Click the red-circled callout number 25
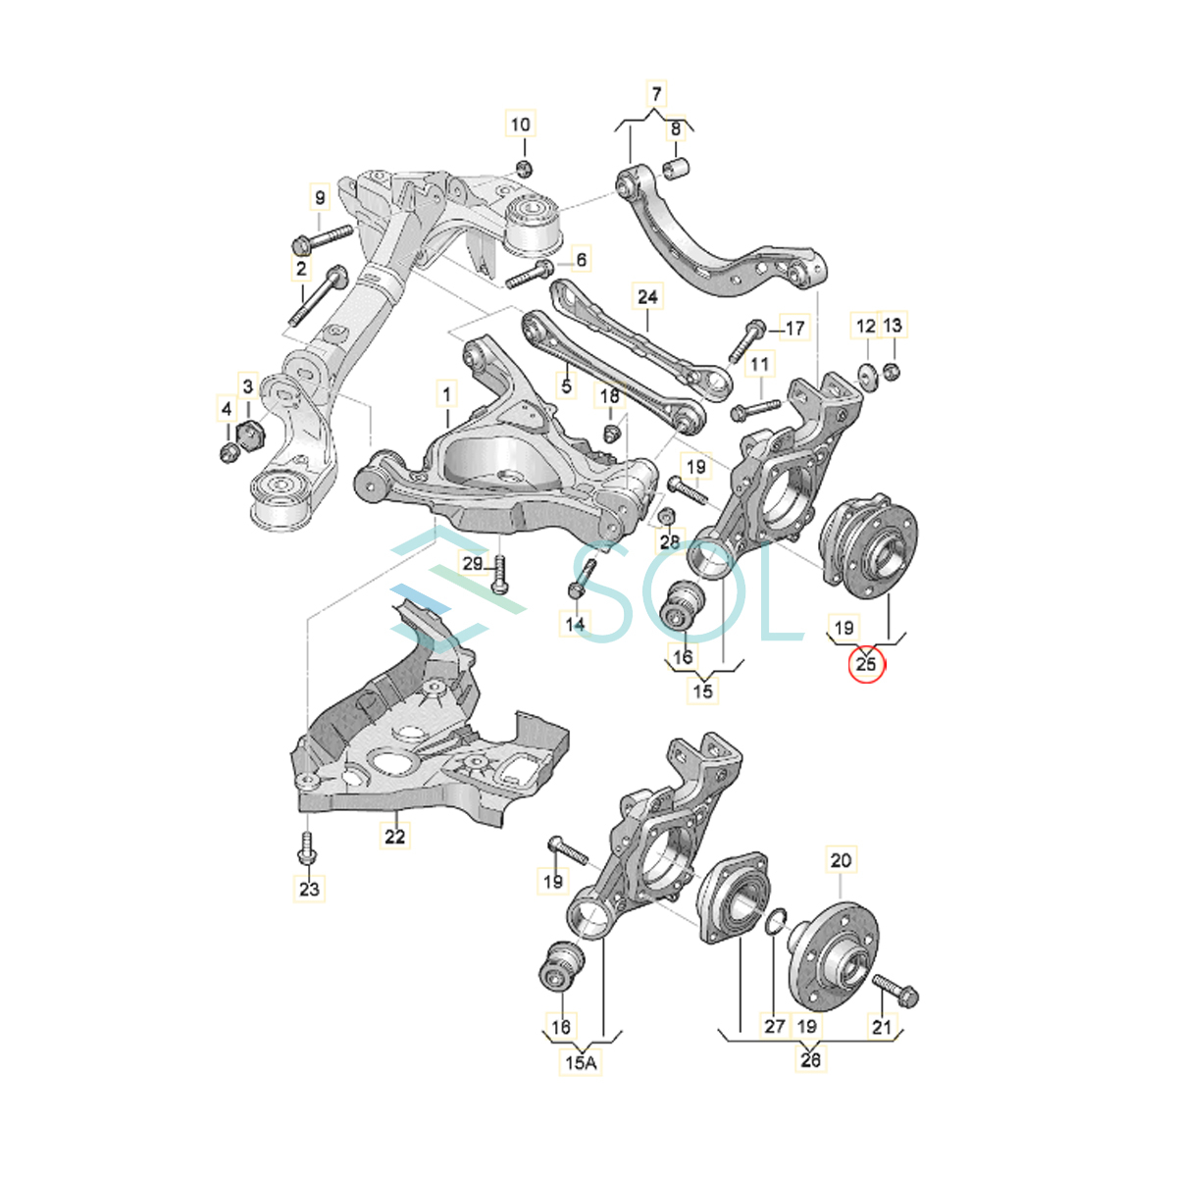865,665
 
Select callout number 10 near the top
521,126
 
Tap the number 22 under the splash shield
394,837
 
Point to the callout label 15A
581,1063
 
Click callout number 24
647,297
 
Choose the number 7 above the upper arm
656,94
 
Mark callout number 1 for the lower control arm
446,394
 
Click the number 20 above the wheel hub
841,860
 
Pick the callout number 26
810,1059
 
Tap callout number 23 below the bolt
309,889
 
